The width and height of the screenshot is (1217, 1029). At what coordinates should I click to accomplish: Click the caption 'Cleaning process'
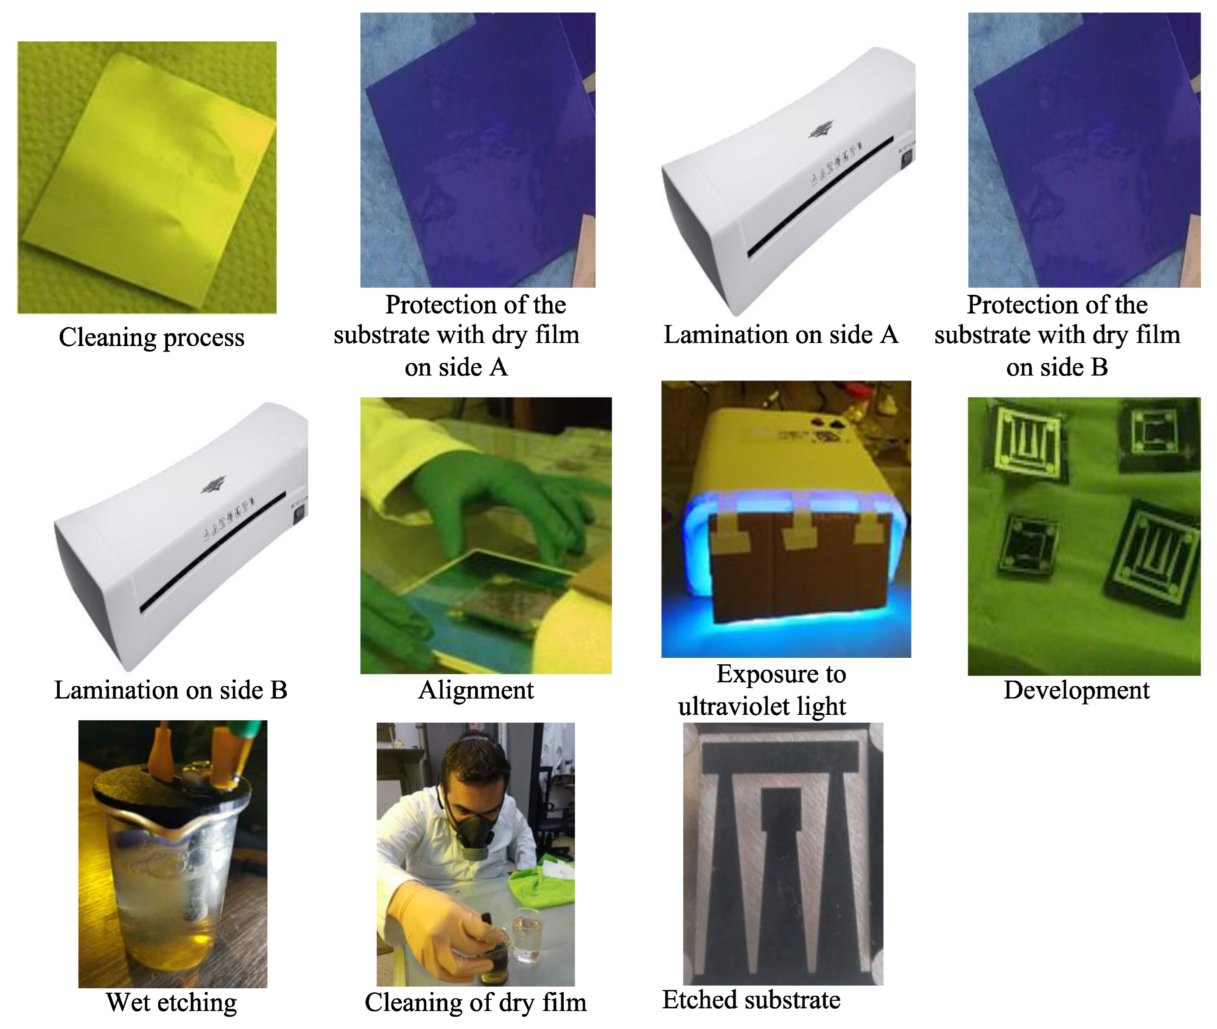(x=151, y=338)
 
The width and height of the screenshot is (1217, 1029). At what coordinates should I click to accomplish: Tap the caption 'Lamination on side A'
(x=781, y=335)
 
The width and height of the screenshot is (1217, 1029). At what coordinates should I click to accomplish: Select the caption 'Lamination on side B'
(x=171, y=690)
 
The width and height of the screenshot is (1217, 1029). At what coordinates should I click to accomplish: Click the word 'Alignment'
(x=476, y=691)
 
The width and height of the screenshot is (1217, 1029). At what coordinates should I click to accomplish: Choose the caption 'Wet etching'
(x=171, y=1003)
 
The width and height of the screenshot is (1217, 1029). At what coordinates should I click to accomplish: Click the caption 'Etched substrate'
(x=751, y=1000)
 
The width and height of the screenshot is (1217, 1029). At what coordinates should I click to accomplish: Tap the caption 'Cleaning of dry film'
(x=476, y=1003)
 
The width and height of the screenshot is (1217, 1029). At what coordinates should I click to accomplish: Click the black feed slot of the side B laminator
(x=213, y=551)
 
